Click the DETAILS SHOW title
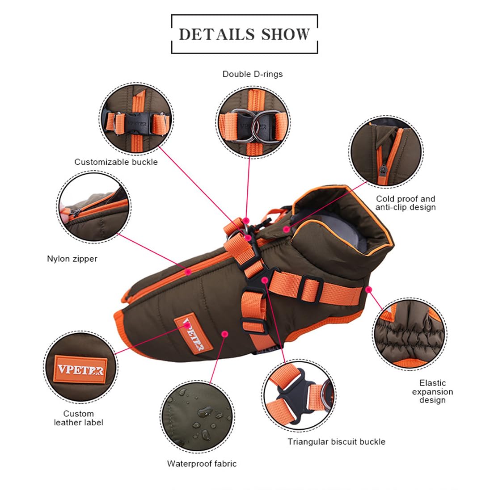click(x=244, y=34)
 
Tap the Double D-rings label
click(x=253, y=74)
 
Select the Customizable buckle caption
click(x=116, y=162)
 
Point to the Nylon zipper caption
click(x=72, y=259)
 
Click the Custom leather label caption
click(x=78, y=418)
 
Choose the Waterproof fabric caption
click(x=202, y=464)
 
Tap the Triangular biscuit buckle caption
click(x=337, y=442)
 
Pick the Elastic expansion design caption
click(x=432, y=391)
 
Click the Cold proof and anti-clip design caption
click(x=406, y=203)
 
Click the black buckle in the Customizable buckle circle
click(x=137, y=124)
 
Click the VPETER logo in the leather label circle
click(x=80, y=369)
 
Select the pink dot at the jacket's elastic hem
click(x=368, y=289)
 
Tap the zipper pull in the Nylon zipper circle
click(x=74, y=213)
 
